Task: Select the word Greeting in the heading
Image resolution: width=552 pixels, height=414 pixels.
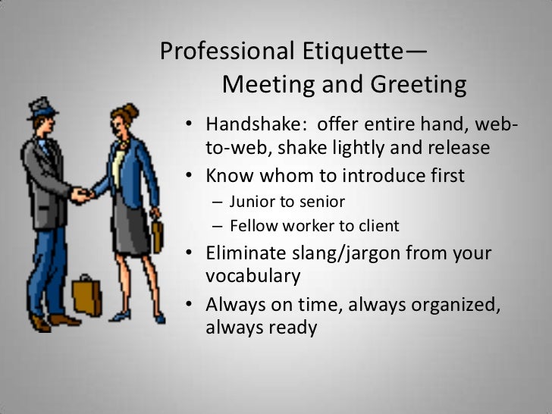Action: [x=417, y=84]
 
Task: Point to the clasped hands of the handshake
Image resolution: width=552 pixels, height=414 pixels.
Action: [x=80, y=196]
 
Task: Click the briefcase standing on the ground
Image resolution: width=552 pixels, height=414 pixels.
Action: [x=87, y=296]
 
